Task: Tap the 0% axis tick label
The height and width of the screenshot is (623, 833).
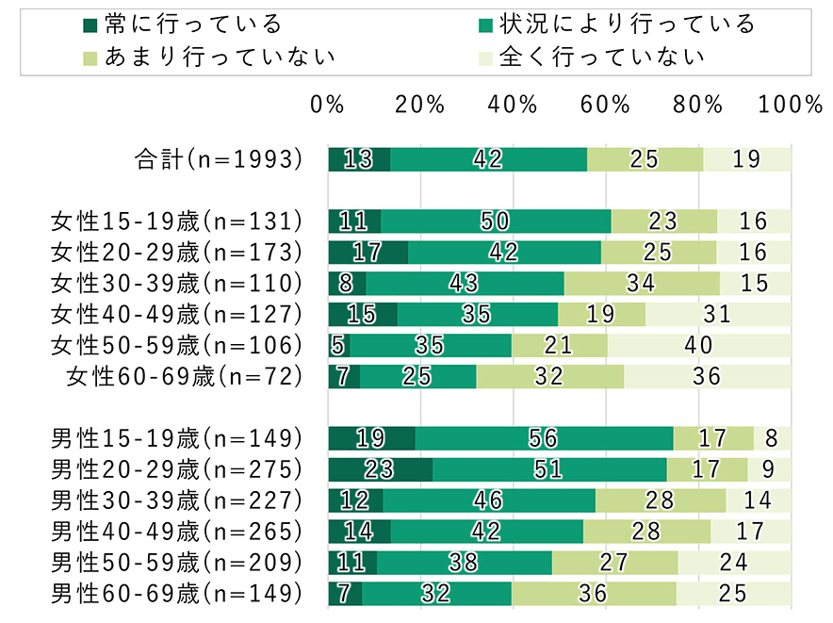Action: coord(328,105)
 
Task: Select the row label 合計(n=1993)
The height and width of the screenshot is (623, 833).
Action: coord(218,159)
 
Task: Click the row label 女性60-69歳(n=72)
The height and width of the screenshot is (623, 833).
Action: coord(185,376)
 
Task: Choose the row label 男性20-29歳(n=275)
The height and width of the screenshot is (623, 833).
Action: coord(176,468)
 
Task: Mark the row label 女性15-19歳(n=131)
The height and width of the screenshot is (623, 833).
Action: coord(176,221)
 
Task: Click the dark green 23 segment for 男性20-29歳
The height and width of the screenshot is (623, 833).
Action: coord(380,468)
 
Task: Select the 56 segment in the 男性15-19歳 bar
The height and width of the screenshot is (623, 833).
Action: coord(544,438)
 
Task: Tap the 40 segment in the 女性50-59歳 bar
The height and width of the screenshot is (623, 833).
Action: coord(698,345)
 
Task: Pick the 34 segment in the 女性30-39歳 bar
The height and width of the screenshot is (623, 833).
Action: coord(642,283)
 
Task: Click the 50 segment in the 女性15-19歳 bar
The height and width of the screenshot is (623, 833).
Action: coord(496,221)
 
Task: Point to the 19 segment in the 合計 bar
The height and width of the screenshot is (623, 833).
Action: coord(747,159)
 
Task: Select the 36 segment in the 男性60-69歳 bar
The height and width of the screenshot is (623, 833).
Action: coord(594,593)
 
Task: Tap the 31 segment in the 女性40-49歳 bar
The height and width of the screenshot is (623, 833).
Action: coord(718,314)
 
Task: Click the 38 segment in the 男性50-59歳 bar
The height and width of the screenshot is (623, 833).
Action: coord(464,562)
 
